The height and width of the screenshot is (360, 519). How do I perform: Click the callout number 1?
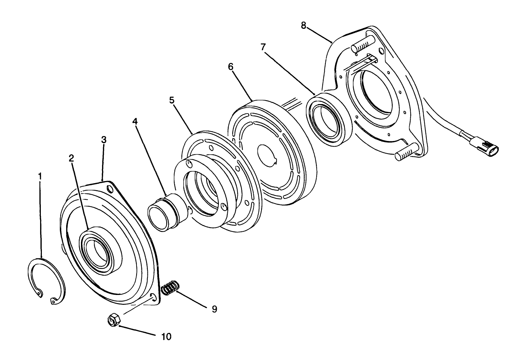[x=40, y=176]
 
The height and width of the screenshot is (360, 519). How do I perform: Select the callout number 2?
[x=71, y=158]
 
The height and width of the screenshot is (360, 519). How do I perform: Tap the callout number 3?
[x=103, y=140]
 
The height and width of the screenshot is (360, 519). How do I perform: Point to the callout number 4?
[x=135, y=121]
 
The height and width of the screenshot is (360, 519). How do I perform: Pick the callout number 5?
[x=171, y=100]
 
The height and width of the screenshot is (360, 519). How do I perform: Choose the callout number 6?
[x=230, y=66]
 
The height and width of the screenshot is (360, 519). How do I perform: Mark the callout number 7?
[x=263, y=47]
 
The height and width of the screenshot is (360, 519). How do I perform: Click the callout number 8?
[x=304, y=25]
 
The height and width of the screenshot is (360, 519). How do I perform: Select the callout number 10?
[x=166, y=336]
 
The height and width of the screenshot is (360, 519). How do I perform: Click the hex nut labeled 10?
[x=114, y=320]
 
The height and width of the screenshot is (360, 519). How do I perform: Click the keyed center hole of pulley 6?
[x=268, y=156]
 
